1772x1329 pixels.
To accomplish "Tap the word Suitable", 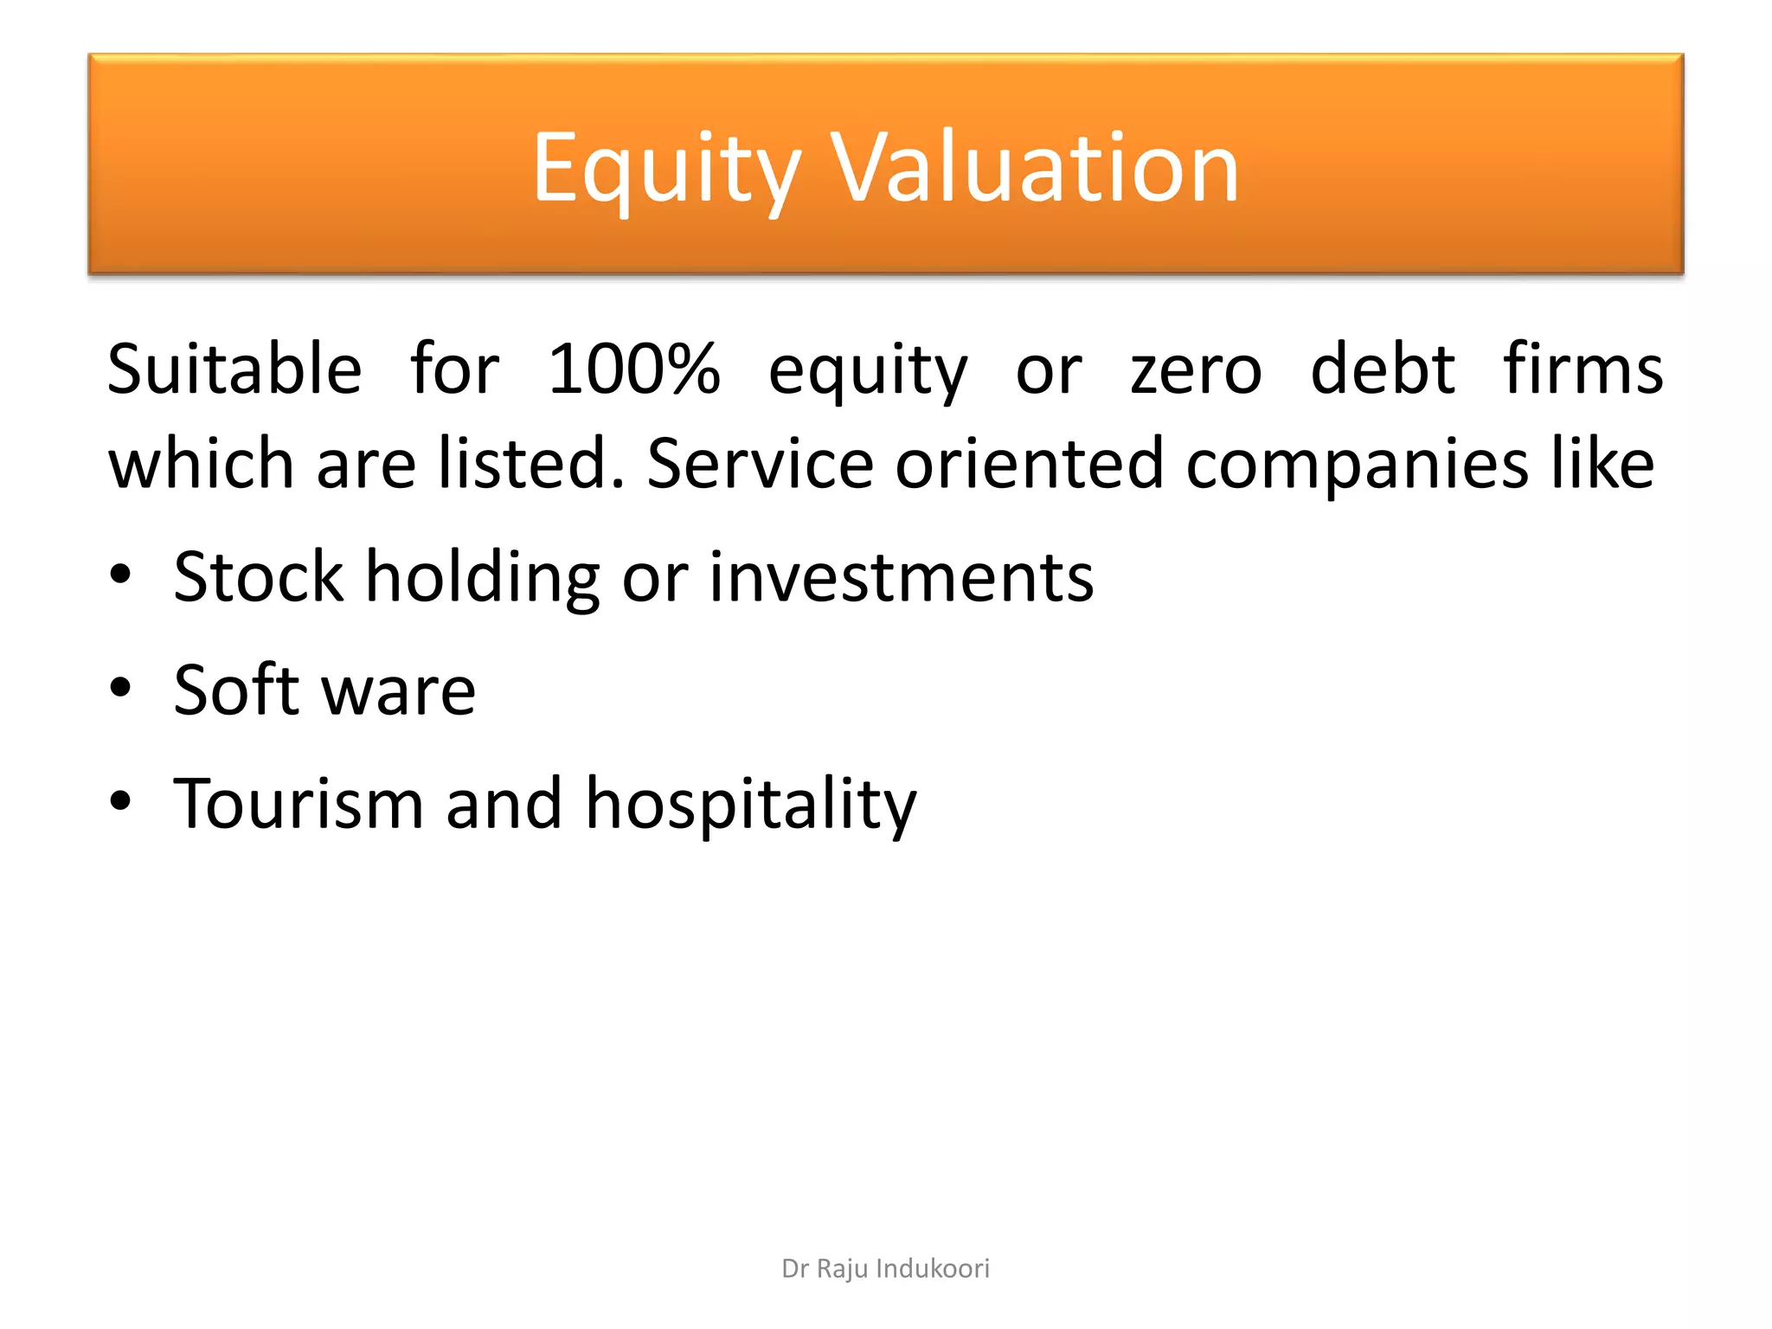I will (234, 369).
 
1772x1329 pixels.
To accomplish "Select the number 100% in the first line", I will (634, 369).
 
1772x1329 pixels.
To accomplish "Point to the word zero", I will (1197, 371).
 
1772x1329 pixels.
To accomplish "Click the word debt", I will (1383, 369).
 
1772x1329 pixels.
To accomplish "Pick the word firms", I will (1583, 369).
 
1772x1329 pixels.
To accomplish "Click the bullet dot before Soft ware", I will (120, 689).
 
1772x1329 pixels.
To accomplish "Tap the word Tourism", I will (299, 803).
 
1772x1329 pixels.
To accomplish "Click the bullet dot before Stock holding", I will (120, 575).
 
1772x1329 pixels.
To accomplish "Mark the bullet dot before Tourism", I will (120, 801).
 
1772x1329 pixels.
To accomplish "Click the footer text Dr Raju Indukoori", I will (885, 1268).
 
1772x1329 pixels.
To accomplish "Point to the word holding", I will (483, 578).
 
